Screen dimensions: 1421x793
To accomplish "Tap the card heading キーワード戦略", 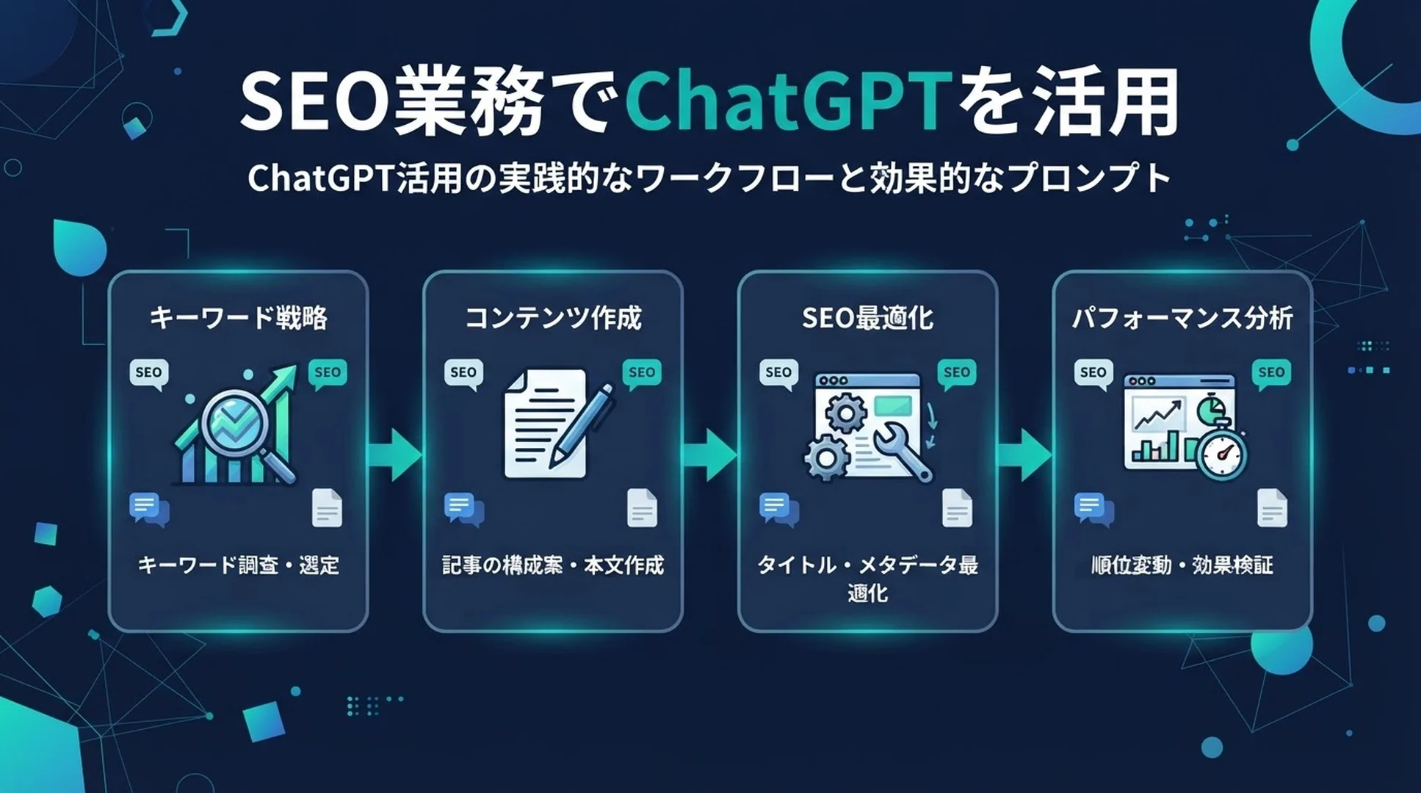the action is click(x=238, y=318).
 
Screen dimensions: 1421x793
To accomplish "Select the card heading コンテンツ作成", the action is click(x=553, y=318).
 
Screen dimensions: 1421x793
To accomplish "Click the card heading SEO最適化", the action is click(x=867, y=318).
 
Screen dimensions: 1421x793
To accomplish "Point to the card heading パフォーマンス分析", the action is click(x=1182, y=318).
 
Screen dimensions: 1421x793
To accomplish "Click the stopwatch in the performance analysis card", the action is click(x=1221, y=449).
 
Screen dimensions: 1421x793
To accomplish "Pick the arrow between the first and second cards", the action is click(x=394, y=455).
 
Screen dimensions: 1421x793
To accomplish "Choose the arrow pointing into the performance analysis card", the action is click(x=1024, y=455).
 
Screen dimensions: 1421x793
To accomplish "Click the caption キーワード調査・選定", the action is click(x=238, y=565).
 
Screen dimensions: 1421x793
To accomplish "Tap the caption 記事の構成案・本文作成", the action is click(x=553, y=565).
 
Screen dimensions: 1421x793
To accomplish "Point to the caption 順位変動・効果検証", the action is click(x=1182, y=565).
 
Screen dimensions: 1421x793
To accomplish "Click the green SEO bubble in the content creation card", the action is click(x=642, y=374).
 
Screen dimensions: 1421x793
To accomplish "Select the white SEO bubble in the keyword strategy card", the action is click(x=149, y=374).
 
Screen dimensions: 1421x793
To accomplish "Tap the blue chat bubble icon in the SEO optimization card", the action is click(x=779, y=509).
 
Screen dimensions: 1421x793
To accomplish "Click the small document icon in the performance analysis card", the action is click(x=1272, y=508).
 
